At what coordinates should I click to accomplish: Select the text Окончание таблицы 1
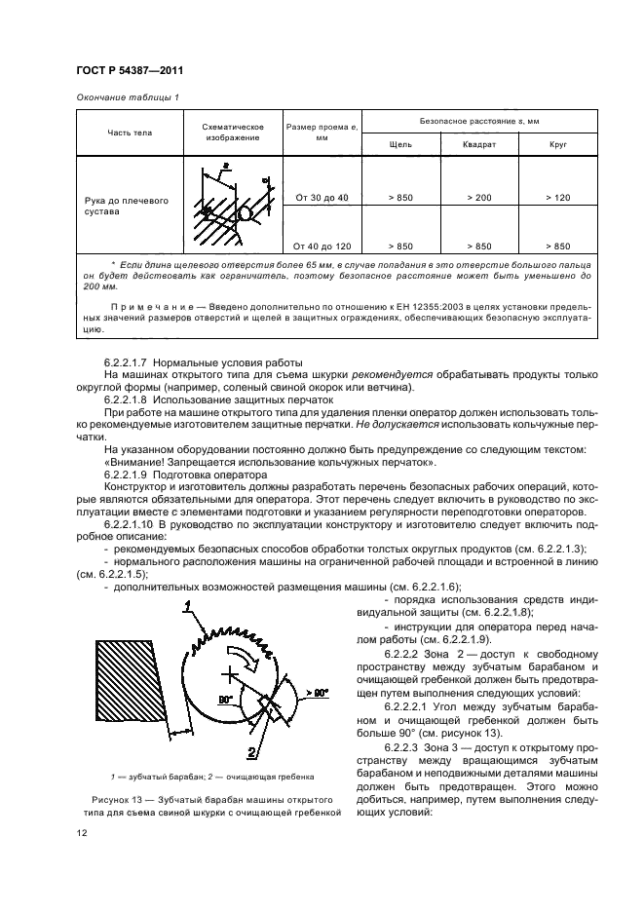(127, 97)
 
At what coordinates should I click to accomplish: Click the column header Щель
(399, 144)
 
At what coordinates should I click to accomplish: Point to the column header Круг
(557, 144)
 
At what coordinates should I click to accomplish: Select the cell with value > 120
(557, 198)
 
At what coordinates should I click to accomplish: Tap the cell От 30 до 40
(321, 198)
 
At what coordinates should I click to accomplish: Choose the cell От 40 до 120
(321, 247)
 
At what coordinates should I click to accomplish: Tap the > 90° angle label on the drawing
(317, 691)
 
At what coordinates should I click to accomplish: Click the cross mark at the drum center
(230, 673)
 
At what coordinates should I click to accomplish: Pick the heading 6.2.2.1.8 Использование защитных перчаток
(208, 400)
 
